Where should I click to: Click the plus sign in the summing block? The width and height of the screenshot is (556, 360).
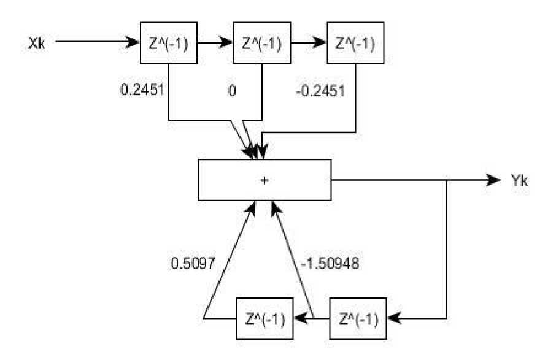click(x=265, y=180)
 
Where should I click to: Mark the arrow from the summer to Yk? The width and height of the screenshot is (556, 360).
click(x=417, y=180)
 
